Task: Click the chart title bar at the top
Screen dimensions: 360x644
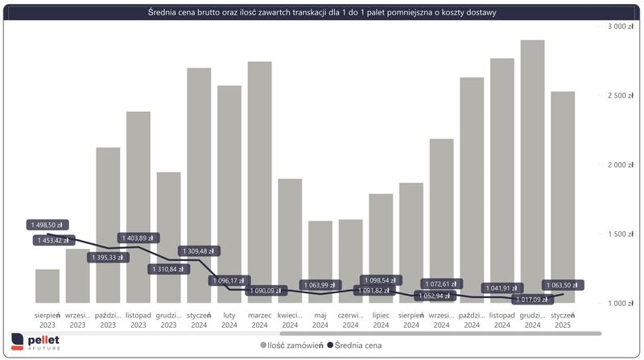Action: click(321, 12)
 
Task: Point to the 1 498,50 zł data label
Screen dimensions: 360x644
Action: click(47, 226)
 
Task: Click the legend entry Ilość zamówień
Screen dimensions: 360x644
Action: click(291, 345)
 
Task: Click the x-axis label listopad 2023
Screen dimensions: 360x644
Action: click(138, 320)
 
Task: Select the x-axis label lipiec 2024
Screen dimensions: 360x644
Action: click(381, 320)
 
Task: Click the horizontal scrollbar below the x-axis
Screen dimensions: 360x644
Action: click(439, 333)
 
